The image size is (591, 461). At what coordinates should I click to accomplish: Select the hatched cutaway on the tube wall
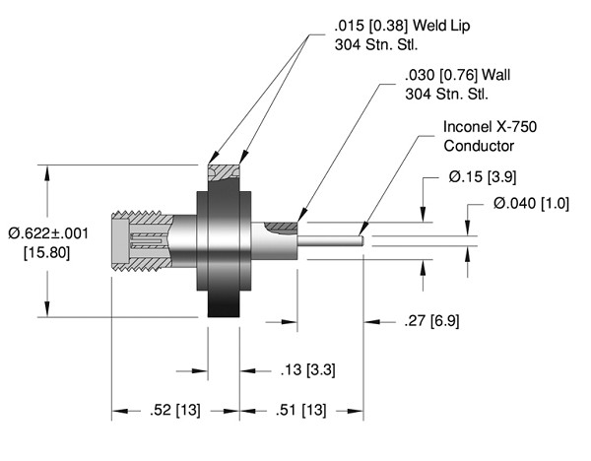pos(282,228)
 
